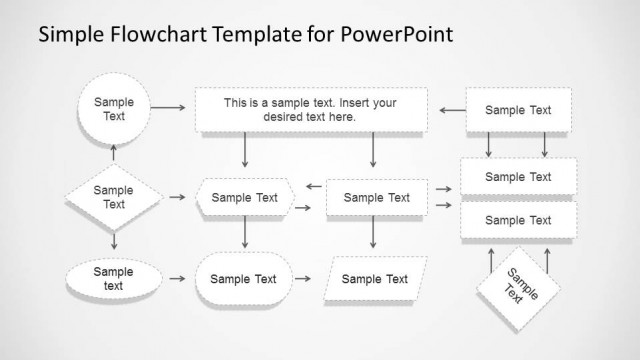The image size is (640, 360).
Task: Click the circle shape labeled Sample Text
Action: coord(113,109)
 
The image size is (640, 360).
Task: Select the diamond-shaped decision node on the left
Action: coord(113,197)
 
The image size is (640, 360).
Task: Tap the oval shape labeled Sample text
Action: coord(113,278)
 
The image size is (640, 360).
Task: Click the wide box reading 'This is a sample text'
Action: coord(310,110)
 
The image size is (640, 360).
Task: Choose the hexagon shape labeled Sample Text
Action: coord(245,197)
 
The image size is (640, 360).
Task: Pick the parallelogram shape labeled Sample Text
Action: coord(375,279)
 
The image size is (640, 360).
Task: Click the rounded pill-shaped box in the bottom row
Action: coord(244,279)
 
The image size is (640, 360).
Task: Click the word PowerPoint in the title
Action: coord(397,34)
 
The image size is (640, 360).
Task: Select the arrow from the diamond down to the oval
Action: coord(113,242)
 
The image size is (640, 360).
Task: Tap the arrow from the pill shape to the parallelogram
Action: coord(307,279)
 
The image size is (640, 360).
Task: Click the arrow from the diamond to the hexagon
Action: coord(177,197)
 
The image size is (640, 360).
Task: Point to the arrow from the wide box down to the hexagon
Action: coord(245,150)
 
